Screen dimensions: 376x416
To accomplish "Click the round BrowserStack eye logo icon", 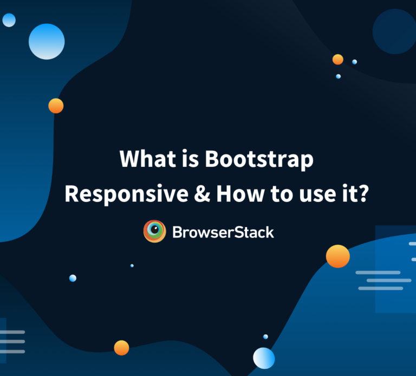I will [154, 231].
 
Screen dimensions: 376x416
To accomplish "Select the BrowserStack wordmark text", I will [223, 232].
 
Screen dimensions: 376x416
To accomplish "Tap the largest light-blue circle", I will [47, 41].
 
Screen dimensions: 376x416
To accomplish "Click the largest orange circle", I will [337, 256].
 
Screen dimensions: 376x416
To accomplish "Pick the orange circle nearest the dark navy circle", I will [337, 59].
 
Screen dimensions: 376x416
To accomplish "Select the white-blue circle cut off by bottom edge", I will [264, 358].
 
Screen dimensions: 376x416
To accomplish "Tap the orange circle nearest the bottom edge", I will [121, 347].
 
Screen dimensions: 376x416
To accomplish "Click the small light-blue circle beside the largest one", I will [9, 21].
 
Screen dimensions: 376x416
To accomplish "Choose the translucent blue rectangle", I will [395, 269].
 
